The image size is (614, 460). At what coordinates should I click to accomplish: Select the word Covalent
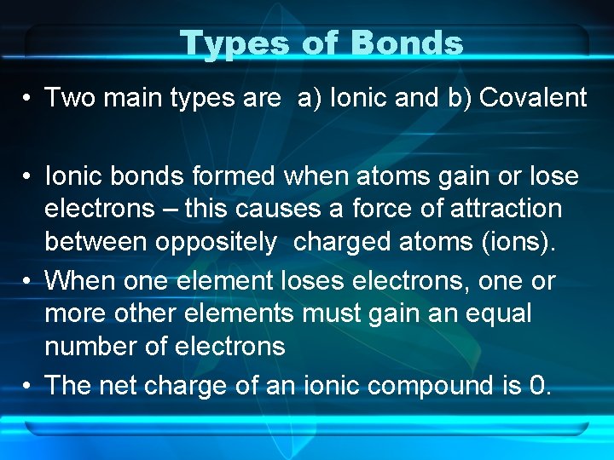pos(533,98)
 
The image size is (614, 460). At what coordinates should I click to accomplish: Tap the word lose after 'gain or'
pos(553,177)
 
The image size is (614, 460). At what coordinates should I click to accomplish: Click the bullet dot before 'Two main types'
pos(28,99)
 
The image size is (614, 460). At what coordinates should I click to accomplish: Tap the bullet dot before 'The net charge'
pos(28,387)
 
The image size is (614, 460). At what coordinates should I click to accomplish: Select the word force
pos(371,209)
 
